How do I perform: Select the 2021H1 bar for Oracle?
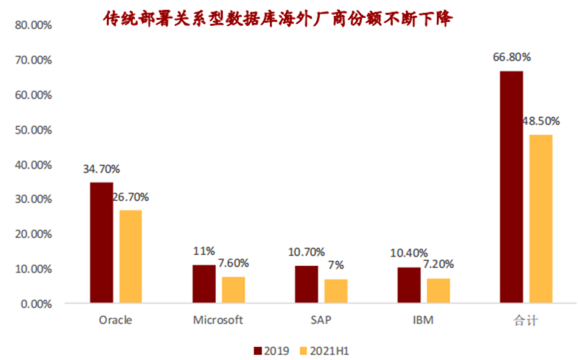point(131,256)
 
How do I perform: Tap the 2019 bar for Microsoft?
point(204,283)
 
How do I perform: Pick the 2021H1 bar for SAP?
point(336,291)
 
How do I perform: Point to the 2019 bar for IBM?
point(409,285)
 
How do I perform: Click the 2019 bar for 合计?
point(511,187)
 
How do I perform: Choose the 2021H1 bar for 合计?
point(540,218)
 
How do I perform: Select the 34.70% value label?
point(101,169)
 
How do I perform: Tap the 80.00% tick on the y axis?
point(33,25)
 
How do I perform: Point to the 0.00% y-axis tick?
point(35,304)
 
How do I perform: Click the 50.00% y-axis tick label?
point(33,130)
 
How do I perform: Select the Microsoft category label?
point(218,319)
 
